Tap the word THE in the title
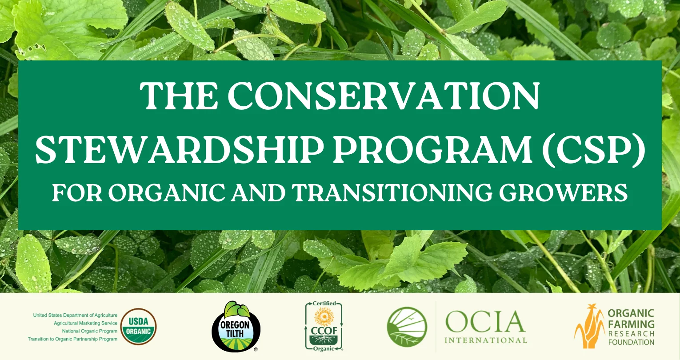click(x=175, y=97)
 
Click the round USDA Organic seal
click(x=139, y=327)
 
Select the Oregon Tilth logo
click(x=236, y=327)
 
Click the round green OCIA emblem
click(x=407, y=327)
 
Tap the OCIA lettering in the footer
click(x=485, y=321)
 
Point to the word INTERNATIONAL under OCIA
click(x=485, y=340)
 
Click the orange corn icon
click(x=588, y=326)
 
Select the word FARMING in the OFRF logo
click(x=631, y=324)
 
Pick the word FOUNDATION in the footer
click(x=631, y=342)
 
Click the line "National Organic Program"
click(x=89, y=331)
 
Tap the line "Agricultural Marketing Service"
click(x=85, y=323)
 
